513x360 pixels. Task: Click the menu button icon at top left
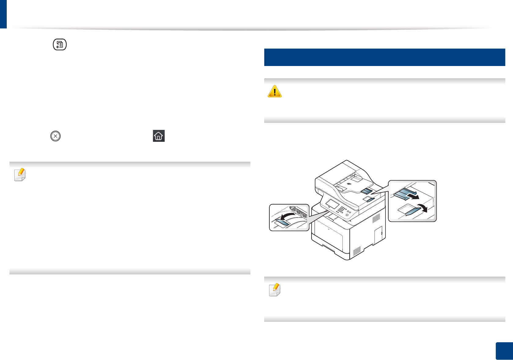pyautogui.click(x=60, y=45)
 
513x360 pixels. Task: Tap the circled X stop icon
pyautogui.click(x=55, y=136)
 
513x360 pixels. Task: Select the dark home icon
pyautogui.click(x=159, y=136)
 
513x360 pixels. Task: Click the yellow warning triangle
pyautogui.click(x=275, y=91)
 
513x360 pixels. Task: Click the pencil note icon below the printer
pyautogui.click(x=275, y=290)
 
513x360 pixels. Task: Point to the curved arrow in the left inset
pyautogui.click(x=287, y=217)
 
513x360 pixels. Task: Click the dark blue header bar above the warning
pyautogui.click(x=384, y=57)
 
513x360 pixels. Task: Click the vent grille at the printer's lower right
pyautogui.click(x=357, y=251)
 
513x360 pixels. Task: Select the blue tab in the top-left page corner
pyautogui.click(x=3, y=14)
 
